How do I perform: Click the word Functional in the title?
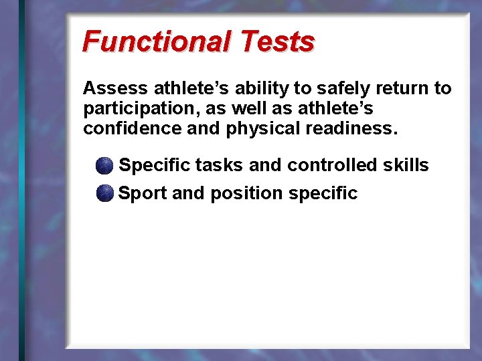coord(156,41)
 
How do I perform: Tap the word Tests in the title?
coord(276,41)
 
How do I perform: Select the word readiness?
coord(351,128)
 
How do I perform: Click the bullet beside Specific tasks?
coord(104,165)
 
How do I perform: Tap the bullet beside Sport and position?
coord(104,194)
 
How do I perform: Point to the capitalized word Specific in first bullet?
coord(154,165)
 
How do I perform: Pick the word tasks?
coord(220,165)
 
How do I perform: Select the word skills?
coord(406,165)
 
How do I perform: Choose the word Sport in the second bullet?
coord(143,194)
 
